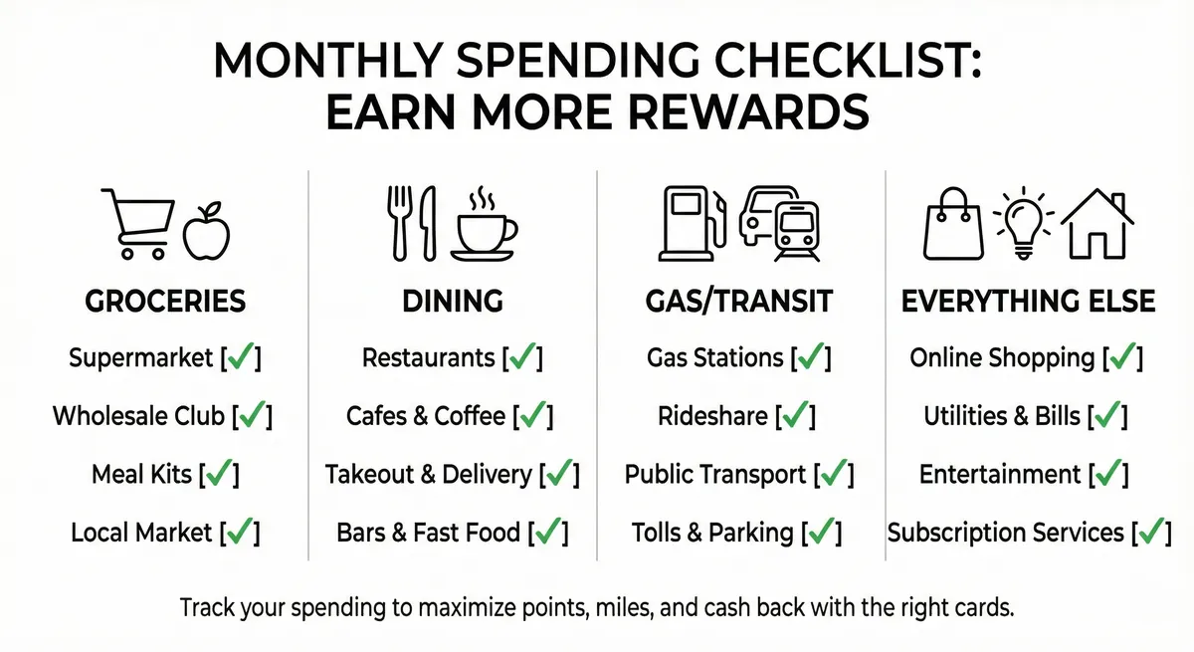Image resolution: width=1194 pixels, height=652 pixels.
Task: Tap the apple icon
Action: [207, 230]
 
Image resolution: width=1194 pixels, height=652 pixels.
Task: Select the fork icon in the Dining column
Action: [396, 221]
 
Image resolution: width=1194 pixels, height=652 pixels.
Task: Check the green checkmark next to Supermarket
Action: [241, 357]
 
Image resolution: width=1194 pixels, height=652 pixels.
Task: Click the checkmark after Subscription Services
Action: [1152, 533]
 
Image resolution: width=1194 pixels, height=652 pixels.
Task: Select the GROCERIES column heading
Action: [165, 302]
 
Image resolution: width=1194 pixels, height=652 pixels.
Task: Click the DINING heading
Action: [453, 302]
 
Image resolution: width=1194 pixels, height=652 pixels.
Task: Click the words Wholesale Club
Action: [138, 416]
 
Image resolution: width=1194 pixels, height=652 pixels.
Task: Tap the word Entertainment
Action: [1000, 475]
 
